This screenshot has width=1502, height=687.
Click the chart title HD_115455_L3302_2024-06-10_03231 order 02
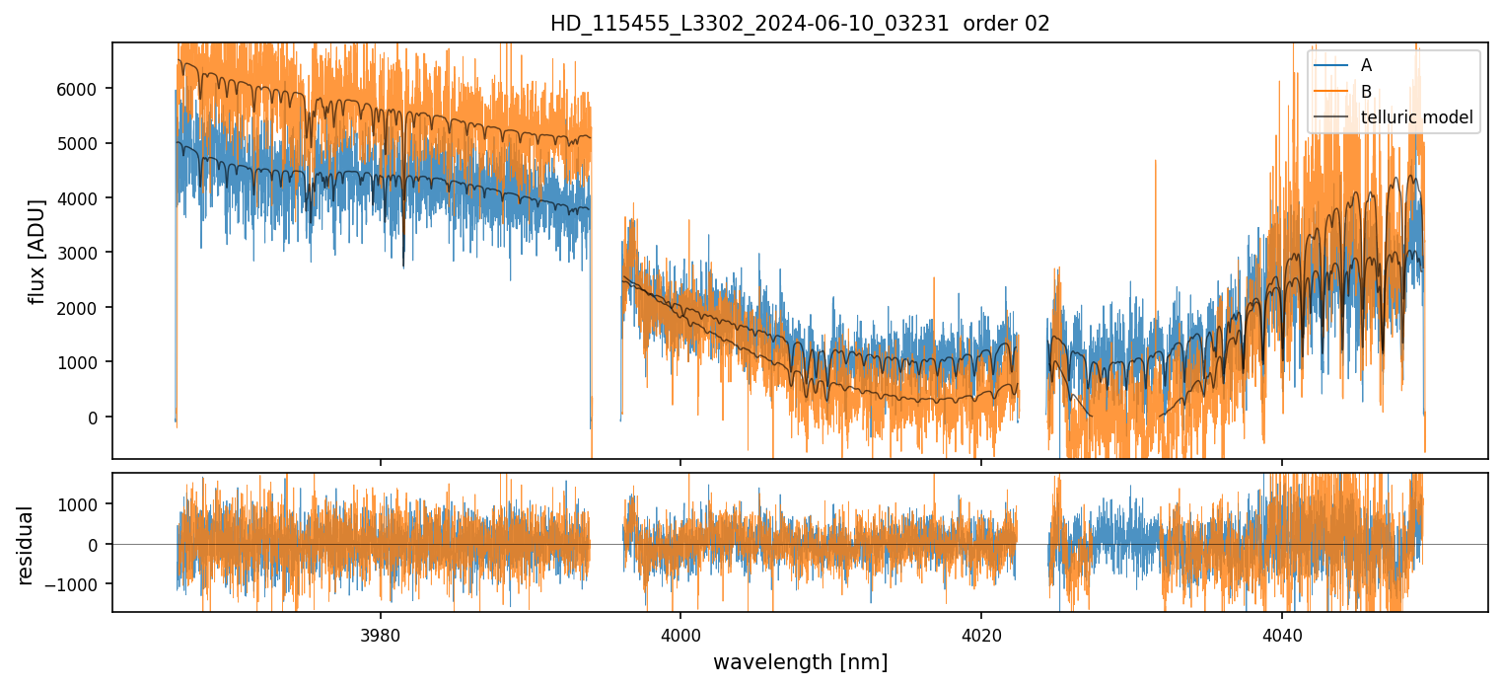coord(800,24)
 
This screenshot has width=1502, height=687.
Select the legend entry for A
coord(1366,65)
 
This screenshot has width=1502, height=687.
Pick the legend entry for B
coord(1366,92)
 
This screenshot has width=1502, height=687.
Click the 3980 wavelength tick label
coord(381,633)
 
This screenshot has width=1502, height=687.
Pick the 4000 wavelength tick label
coord(680,633)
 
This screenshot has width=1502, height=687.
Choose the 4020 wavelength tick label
coord(981,633)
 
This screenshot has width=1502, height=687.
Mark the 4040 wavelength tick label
coord(1282,633)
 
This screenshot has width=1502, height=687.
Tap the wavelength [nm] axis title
coord(800,661)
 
